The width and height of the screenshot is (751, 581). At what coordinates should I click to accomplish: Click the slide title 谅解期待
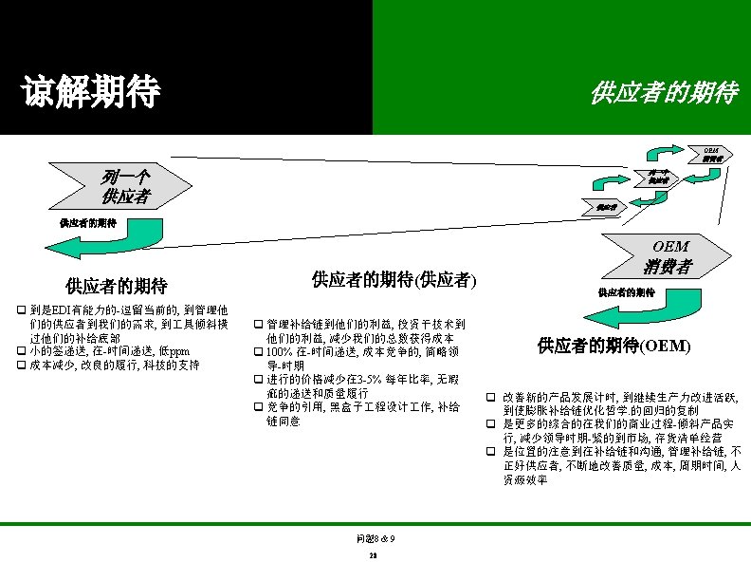(90, 91)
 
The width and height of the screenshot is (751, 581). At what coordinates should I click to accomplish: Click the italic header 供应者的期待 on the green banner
(663, 93)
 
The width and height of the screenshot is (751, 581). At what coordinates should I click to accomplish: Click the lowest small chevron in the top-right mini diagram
(607, 207)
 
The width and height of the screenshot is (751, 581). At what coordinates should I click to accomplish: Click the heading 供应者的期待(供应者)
(393, 279)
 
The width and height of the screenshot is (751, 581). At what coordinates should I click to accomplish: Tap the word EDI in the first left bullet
(61, 311)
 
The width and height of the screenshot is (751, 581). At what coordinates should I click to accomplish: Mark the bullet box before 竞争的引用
(257, 406)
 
